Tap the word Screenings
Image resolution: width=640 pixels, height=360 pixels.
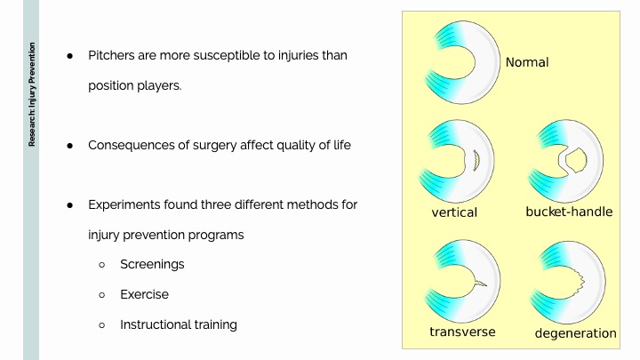[x=152, y=265]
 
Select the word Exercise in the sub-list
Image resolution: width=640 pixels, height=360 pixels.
[x=144, y=294]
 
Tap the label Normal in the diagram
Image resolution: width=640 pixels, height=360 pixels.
[x=527, y=62]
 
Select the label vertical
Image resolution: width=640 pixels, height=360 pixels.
[x=454, y=212]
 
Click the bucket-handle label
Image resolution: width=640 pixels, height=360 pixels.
[x=569, y=212]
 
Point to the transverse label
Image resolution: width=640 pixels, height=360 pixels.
[x=462, y=332]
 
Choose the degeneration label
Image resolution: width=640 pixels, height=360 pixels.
[x=575, y=333]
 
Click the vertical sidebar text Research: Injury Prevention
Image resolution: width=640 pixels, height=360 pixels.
[x=32, y=94]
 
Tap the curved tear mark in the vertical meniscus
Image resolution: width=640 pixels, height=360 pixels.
[x=476, y=161]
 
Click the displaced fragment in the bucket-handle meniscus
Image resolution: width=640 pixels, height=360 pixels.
[x=576, y=160]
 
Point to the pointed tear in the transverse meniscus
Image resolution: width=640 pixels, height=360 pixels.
[x=480, y=282]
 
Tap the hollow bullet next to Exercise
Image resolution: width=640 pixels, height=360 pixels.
[x=102, y=295]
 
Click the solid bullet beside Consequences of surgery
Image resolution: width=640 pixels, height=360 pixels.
[x=70, y=146]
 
